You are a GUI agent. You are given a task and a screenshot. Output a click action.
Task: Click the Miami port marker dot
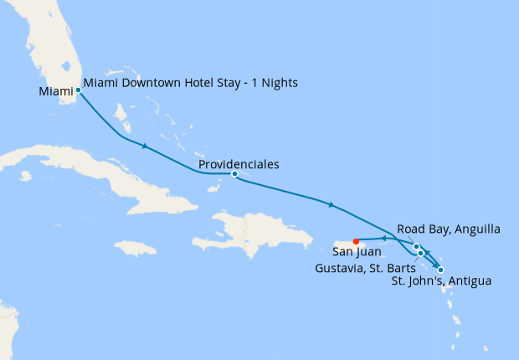click(x=78, y=90)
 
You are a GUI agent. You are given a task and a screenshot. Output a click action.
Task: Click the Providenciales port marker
click(x=234, y=174)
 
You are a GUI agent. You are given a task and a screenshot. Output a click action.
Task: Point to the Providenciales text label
click(x=239, y=164)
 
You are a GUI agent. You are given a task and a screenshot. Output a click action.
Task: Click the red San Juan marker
click(x=356, y=242)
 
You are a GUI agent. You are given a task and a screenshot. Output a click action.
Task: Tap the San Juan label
click(x=357, y=251)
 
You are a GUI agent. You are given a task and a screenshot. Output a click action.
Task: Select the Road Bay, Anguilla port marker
click(x=416, y=246)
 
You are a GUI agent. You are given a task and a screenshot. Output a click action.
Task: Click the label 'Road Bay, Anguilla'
click(x=449, y=229)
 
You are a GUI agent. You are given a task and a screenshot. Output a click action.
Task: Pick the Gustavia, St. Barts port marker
click(x=420, y=253)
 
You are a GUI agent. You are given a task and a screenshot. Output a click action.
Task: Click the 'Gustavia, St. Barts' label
click(x=365, y=268)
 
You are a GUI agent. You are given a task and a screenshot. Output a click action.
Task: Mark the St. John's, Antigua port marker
click(x=440, y=270)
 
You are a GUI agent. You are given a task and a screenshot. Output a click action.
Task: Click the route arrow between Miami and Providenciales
click(x=146, y=147)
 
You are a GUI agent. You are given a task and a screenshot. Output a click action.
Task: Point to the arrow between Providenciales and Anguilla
click(x=332, y=204)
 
